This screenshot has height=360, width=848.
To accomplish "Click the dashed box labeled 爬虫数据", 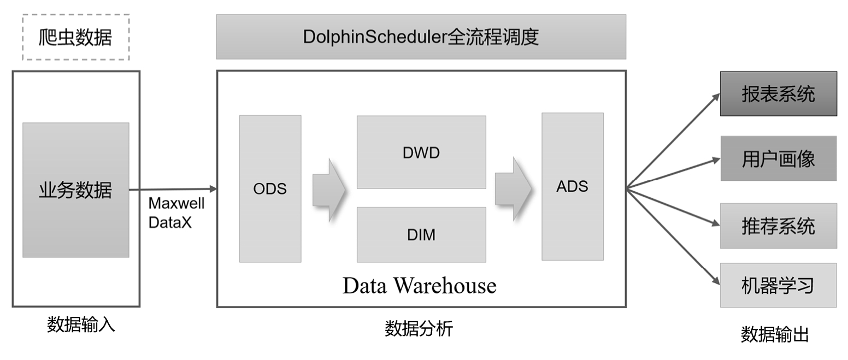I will tap(76, 37).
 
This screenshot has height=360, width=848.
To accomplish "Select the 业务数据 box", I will tap(76, 190).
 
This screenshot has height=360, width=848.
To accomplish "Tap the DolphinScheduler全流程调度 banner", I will tap(421, 37).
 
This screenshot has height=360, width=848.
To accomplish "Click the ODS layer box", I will tap(270, 188).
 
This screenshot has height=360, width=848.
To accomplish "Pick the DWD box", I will tap(421, 152).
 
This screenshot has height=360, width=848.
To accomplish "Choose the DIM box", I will tap(421, 234).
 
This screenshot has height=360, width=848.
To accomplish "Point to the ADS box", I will tap(573, 186).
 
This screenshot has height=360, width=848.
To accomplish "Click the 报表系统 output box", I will tap(778, 93).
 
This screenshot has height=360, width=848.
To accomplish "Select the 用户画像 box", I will tap(778, 158).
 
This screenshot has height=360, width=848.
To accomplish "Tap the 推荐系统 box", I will tap(778, 226).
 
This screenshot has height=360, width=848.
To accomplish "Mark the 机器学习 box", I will tap(778, 285).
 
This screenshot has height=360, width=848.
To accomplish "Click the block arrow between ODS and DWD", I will tap(328, 190).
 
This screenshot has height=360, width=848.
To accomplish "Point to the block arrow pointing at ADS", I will tap(513, 189).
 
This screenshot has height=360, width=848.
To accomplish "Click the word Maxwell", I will tap(176, 204).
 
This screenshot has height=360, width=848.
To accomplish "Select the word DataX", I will tap(170, 222).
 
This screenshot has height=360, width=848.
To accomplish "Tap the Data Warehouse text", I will tap(419, 285).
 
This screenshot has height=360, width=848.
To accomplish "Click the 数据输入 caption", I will tap(81, 324).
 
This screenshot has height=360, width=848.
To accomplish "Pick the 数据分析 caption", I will tap(419, 329).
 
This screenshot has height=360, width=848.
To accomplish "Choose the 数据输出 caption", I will tap(774, 334).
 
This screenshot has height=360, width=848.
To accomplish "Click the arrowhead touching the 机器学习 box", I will tap(716, 281).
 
